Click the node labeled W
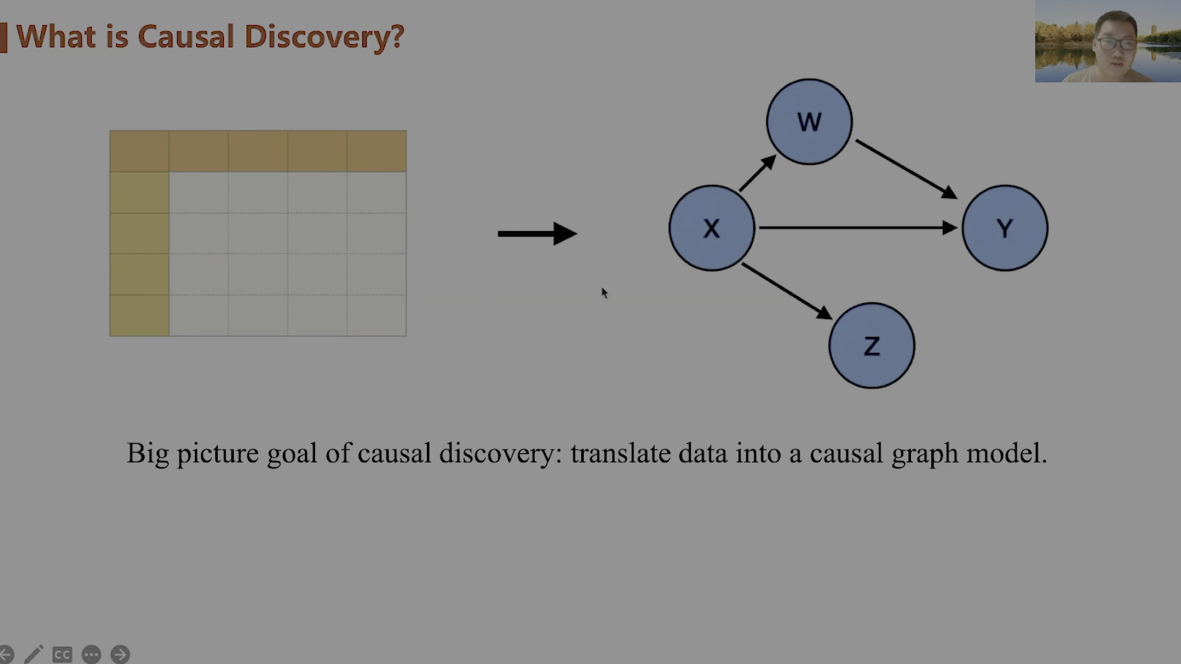pyautogui.click(x=809, y=122)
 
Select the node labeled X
pyautogui.click(x=712, y=228)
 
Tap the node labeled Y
pyautogui.click(x=1005, y=228)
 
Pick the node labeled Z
pyautogui.click(x=872, y=346)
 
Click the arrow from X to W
pyautogui.click(x=758, y=173)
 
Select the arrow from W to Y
pyautogui.click(x=906, y=170)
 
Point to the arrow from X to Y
pyautogui.click(x=858, y=228)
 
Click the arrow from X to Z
pyautogui.click(x=787, y=291)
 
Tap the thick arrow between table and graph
pyautogui.click(x=538, y=234)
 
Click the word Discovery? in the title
pyautogui.click(x=324, y=37)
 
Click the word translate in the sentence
pyautogui.click(x=621, y=453)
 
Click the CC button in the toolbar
pyautogui.click(x=62, y=655)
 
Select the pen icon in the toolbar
pyautogui.click(x=34, y=654)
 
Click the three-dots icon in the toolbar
pyautogui.click(x=91, y=654)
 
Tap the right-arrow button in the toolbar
pyautogui.click(x=120, y=654)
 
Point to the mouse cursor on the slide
pyautogui.click(x=605, y=293)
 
